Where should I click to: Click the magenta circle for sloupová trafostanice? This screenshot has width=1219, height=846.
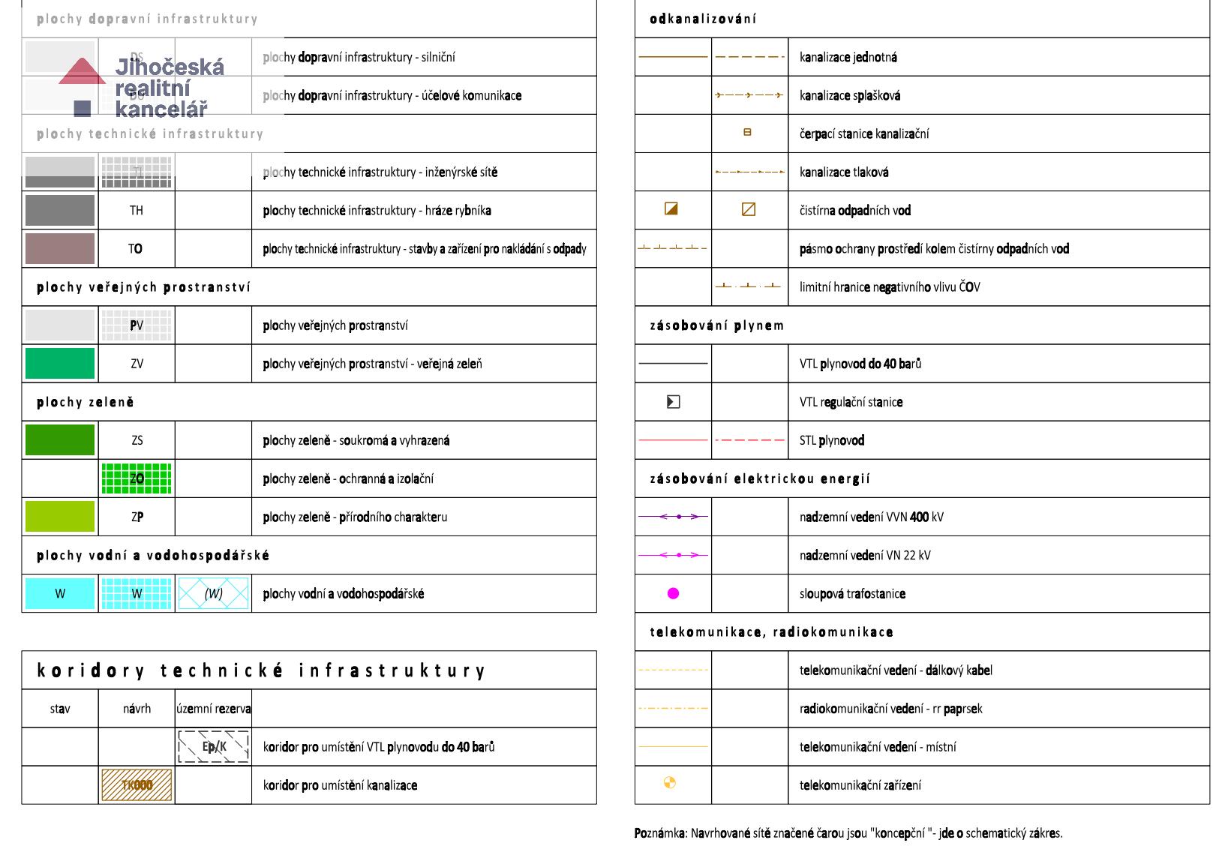pyautogui.click(x=673, y=593)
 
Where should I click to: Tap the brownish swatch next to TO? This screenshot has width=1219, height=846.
pyautogui.click(x=60, y=248)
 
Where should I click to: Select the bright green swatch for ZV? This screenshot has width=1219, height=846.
pyautogui.click(x=60, y=364)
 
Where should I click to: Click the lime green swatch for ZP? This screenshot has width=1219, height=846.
pyautogui.click(x=60, y=517)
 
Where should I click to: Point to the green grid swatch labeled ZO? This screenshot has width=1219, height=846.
pyautogui.click(x=137, y=478)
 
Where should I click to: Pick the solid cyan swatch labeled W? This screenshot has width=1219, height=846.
pyautogui.click(x=60, y=593)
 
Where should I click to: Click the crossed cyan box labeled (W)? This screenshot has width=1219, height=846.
pyautogui.click(x=214, y=593)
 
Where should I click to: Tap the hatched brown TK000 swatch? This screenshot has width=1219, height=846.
pyautogui.click(x=137, y=785)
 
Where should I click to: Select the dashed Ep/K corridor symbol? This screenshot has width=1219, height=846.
pyautogui.click(x=214, y=746)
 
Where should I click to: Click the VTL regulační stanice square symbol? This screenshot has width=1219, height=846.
pyautogui.click(x=673, y=402)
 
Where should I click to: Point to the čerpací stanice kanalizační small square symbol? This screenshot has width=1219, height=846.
pyautogui.click(x=747, y=133)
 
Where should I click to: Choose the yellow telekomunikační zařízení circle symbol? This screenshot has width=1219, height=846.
pyautogui.click(x=670, y=783)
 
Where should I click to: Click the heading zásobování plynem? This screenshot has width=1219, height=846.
pyautogui.click(x=716, y=325)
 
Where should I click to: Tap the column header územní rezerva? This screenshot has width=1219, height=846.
pyautogui.click(x=214, y=709)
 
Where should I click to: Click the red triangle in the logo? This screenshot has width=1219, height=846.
pyautogui.click(x=82, y=72)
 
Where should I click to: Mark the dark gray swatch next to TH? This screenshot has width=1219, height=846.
pyautogui.click(x=60, y=210)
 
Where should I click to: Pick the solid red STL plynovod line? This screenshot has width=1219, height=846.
pyautogui.click(x=672, y=440)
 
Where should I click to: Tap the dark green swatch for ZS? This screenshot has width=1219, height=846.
pyautogui.click(x=60, y=440)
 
